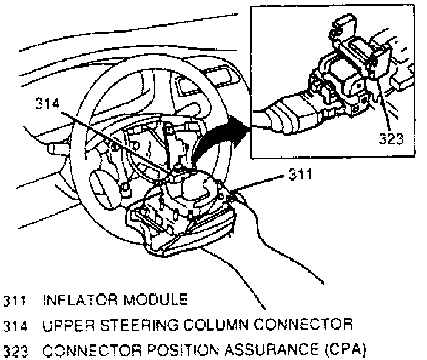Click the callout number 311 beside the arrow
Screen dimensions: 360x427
(x=298, y=176)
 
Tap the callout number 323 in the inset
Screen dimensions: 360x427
(x=391, y=139)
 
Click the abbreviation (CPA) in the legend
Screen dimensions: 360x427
(x=337, y=350)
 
